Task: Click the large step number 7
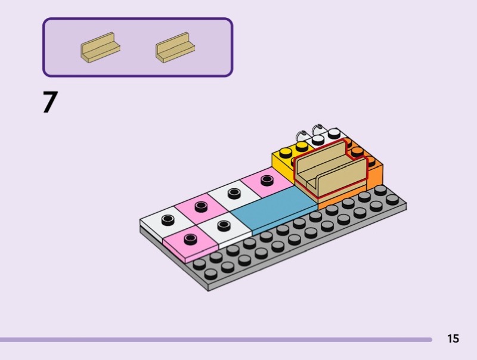50,102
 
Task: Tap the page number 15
453,339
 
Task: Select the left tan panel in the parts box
100,48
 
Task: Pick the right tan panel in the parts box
175,48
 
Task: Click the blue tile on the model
274,210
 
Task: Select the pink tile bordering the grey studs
191,243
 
